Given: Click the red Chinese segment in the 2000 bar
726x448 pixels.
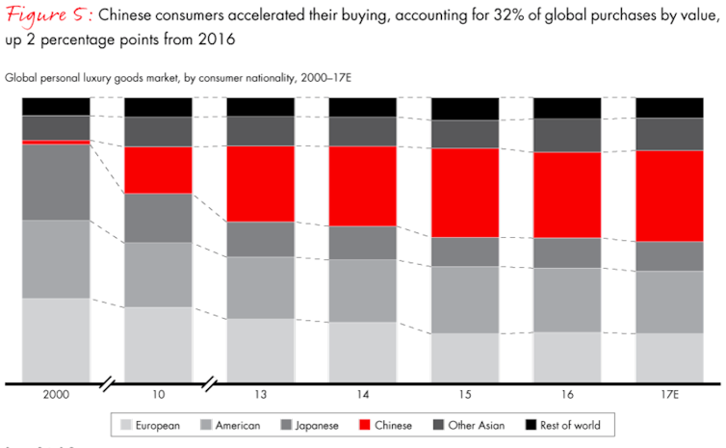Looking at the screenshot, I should point(56,142).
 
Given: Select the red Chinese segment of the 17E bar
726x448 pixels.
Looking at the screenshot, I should point(669,196).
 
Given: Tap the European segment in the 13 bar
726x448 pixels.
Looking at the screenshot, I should point(260,350).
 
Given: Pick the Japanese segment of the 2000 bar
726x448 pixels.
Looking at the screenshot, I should point(56,182).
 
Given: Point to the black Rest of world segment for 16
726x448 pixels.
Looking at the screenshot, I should point(567,107).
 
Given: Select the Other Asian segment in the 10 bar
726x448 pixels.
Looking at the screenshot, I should point(158,131).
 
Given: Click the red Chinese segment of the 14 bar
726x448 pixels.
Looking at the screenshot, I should point(362,186).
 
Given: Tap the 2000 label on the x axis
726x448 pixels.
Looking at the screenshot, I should point(56,396).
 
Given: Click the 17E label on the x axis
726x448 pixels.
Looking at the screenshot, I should point(669,396).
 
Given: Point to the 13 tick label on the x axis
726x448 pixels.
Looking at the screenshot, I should point(260,396).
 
